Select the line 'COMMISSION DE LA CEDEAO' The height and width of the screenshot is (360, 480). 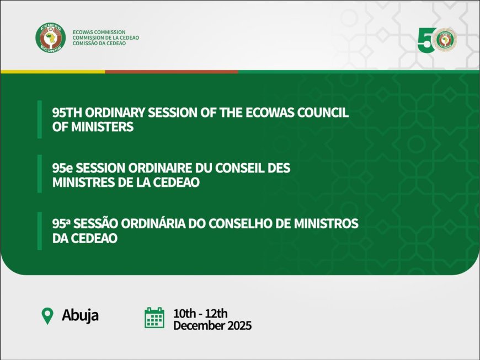pyautogui.click(x=105, y=37)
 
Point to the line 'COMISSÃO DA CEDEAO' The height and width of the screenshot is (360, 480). pyautogui.click(x=99, y=44)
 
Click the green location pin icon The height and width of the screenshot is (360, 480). pyautogui.click(x=48, y=316)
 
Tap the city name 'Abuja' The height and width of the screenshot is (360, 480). pyautogui.click(x=80, y=316)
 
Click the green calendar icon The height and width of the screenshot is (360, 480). pyautogui.click(x=154, y=318)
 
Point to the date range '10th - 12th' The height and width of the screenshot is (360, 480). pyautogui.click(x=200, y=313)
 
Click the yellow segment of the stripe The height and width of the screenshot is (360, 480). pyautogui.click(x=52, y=72)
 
